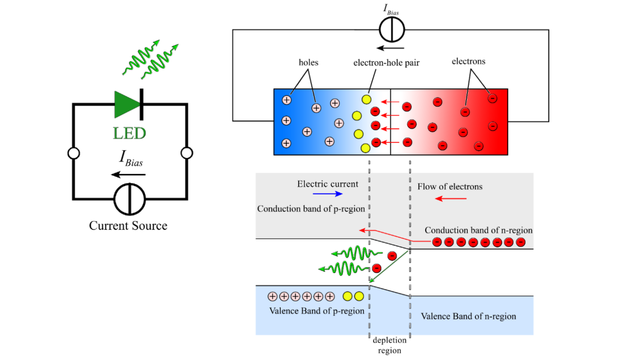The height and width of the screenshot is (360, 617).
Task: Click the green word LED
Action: pos(130,133)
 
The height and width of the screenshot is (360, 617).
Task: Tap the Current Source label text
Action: pos(128,226)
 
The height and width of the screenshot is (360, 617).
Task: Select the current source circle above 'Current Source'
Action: pos(130,199)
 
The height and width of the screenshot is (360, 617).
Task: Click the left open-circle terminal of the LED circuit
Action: pos(74,153)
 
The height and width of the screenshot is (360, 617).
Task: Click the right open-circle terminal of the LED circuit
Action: pos(187,153)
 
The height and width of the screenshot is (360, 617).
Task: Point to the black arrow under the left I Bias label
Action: pos(128,174)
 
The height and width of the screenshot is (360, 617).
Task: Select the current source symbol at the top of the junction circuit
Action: pos(392,30)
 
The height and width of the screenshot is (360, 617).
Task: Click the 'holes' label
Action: pos(308,63)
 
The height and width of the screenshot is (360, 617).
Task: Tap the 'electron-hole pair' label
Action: pos(386,63)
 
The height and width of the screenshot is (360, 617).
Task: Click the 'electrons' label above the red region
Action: pos(468,61)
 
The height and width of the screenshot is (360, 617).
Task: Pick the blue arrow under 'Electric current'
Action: pos(328,194)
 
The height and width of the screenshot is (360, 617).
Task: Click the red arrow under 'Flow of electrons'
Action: pos(451,199)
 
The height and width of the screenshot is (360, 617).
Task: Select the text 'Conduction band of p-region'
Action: pos(311,209)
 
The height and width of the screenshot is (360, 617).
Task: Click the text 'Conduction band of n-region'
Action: pos(479,230)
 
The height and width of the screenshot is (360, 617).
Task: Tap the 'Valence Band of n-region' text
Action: pos(468,316)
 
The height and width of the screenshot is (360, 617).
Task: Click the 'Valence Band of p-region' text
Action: pos(317,311)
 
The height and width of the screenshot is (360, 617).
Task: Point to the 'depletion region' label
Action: pos(390,345)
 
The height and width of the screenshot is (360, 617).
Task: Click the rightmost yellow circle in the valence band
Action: pos(359,296)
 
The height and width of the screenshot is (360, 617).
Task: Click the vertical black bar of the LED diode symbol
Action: pos(141,104)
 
